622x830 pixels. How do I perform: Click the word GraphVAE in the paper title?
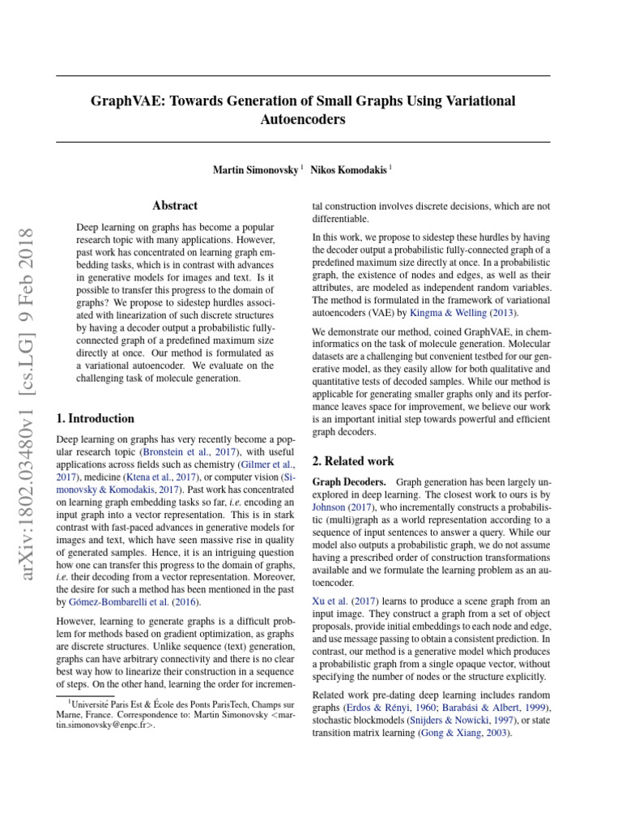click(x=126, y=101)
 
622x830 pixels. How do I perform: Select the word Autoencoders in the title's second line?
click(x=302, y=119)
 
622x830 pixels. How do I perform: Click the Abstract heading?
click(x=175, y=206)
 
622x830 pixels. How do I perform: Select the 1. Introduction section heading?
click(x=95, y=418)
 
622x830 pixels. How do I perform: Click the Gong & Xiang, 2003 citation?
click(x=466, y=733)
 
